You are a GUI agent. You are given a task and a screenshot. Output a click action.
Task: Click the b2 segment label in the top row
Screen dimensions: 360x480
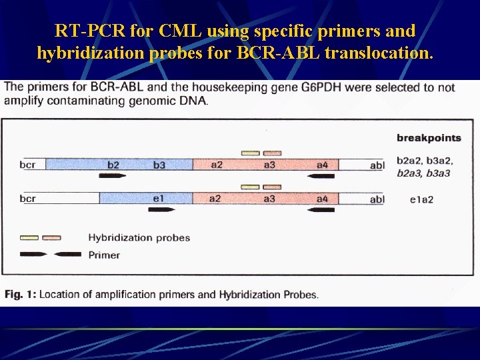coord(113,165)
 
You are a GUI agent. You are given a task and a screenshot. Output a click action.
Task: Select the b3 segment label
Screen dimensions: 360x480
coord(159,165)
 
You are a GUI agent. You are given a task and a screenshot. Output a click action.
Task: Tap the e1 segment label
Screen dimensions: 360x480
coord(159,199)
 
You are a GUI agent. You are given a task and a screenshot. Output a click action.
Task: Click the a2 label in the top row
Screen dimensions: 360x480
coord(216,165)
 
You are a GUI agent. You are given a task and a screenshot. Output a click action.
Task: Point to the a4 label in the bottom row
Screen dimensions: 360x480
coord(322,199)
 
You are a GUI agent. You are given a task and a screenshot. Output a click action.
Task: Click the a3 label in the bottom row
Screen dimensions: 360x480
coord(269,199)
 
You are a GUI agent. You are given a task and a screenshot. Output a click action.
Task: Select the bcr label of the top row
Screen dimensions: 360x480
coord(27,165)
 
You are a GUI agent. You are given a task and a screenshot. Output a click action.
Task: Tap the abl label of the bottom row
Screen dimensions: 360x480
coord(377,199)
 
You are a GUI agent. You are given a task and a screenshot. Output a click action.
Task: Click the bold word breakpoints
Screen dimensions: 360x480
coord(429,138)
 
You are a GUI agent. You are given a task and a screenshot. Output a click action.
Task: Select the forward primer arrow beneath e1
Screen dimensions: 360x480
coord(161,209)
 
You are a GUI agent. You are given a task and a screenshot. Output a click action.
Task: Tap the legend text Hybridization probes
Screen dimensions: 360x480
coord(139,238)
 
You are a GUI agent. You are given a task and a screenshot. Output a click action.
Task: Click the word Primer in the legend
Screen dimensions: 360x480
coord(104,255)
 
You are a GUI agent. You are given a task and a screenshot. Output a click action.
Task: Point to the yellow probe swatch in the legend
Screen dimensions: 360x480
coord(29,237)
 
